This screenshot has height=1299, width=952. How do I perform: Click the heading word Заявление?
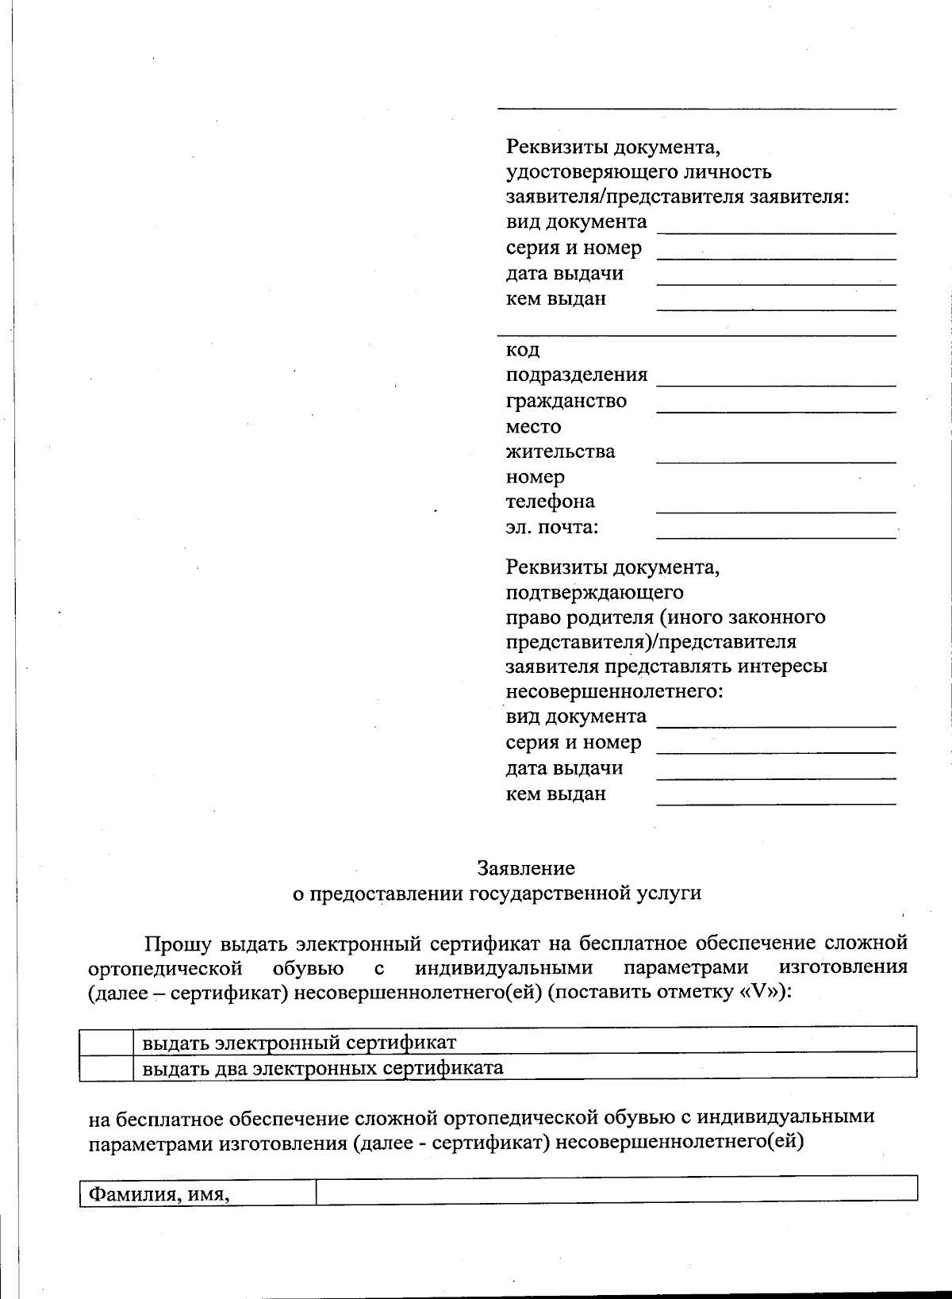click(526, 868)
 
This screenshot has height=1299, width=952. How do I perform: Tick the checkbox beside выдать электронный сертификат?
click(106, 1041)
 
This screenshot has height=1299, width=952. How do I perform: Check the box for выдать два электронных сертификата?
click(106, 1067)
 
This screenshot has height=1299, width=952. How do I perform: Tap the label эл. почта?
click(552, 527)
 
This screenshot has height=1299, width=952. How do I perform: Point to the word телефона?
click(551, 502)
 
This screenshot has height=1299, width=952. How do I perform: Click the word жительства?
click(560, 452)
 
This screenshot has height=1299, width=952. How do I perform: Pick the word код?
click(523, 350)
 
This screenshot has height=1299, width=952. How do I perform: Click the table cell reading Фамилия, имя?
click(159, 1193)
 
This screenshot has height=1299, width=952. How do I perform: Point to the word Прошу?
click(177, 944)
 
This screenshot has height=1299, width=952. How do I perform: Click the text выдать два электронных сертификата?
click(323, 1067)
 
